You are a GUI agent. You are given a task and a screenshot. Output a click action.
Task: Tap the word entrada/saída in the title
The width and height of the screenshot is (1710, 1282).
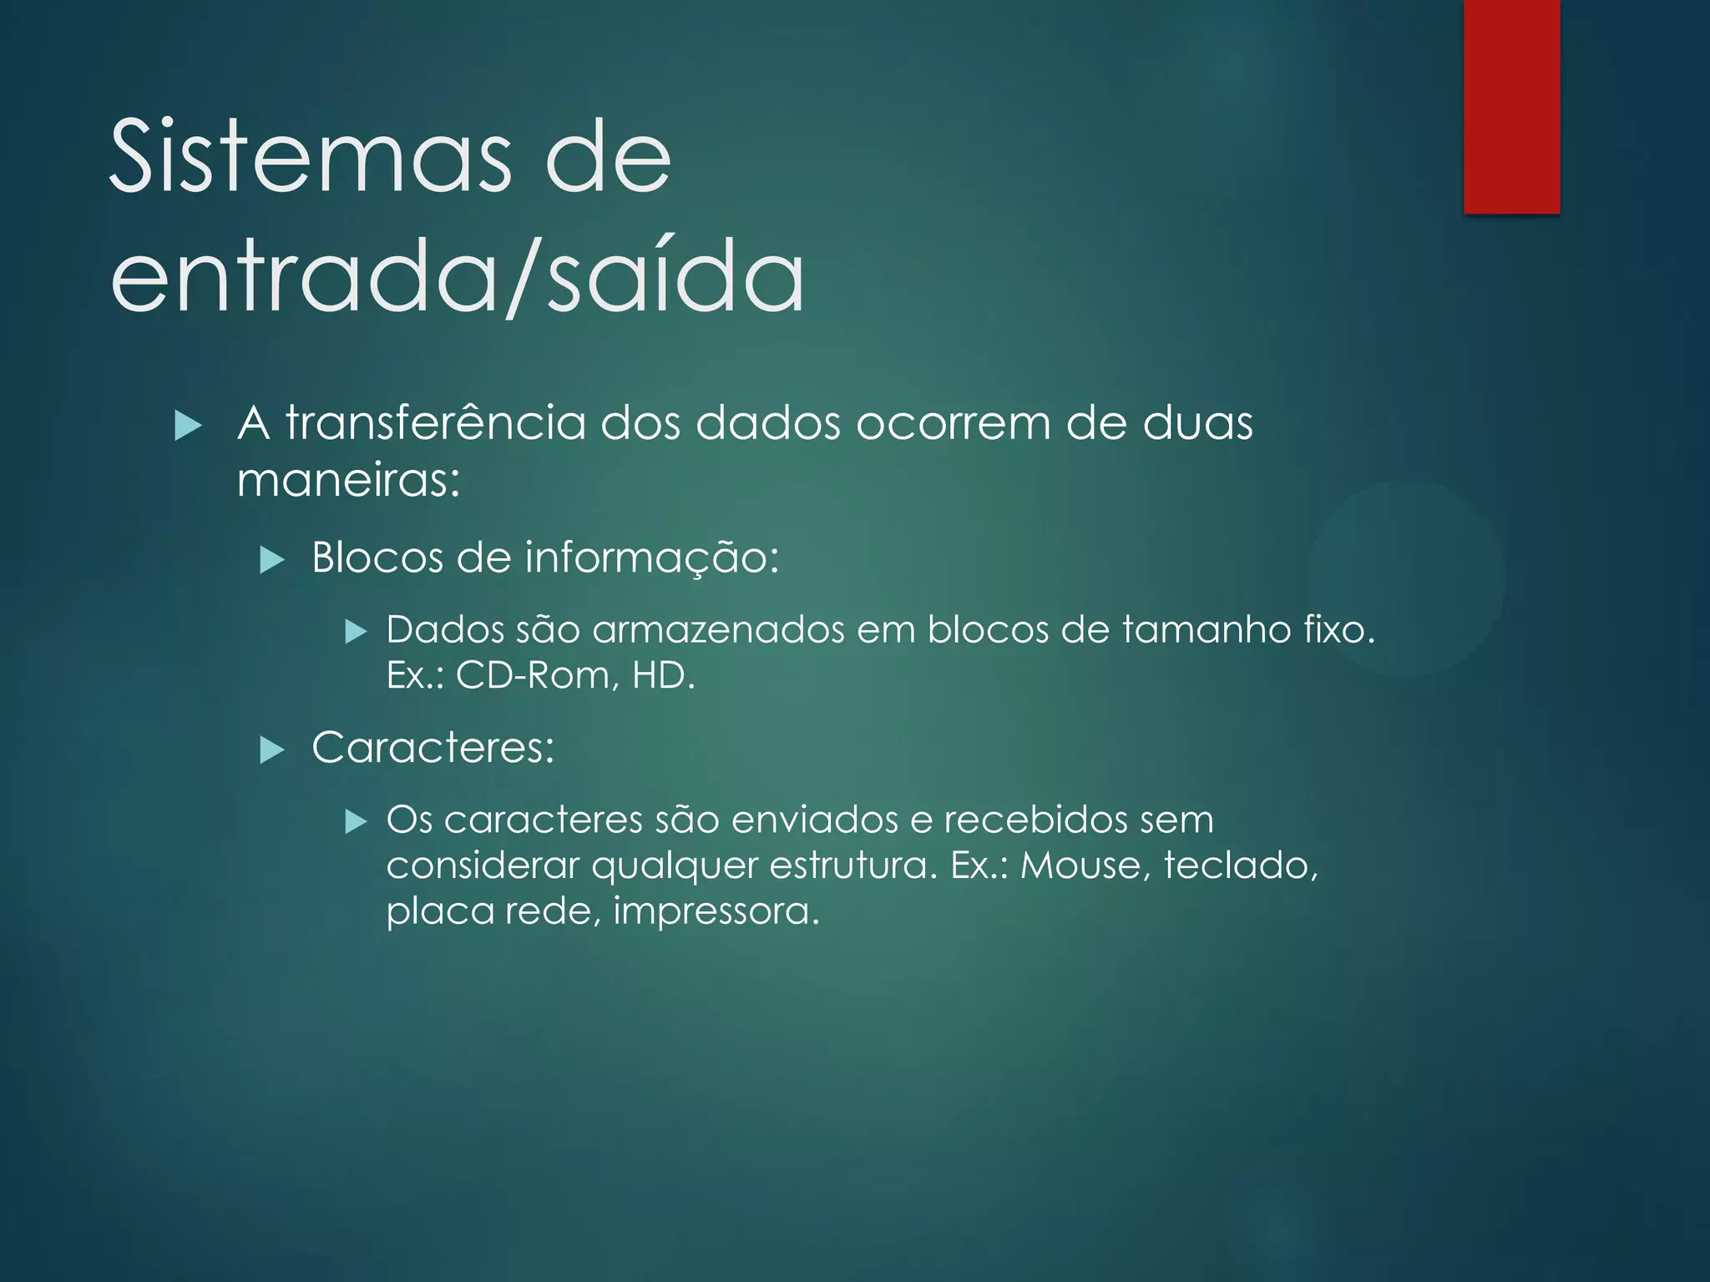coord(458,275)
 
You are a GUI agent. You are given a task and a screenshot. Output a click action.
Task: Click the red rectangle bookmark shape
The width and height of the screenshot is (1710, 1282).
coord(1511,106)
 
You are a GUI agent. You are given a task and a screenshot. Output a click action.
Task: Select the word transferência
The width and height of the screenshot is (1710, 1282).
coord(435,423)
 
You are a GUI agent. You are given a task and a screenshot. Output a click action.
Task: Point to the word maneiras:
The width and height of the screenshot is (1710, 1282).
coord(348,480)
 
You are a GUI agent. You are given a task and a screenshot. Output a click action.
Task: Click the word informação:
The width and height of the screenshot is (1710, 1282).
coord(651,558)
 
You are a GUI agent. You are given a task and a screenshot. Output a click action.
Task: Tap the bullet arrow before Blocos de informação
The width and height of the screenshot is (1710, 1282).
coord(272,559)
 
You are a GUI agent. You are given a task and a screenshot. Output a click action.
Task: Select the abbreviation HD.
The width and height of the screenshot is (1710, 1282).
coord(663,675)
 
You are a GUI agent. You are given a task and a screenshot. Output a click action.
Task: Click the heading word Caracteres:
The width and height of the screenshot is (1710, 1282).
coord(433,747)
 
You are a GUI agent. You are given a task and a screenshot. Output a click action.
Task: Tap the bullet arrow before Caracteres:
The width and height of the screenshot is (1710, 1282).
coord(272,750)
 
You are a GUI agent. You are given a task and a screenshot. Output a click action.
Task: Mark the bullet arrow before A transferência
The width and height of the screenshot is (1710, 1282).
coord(189,426)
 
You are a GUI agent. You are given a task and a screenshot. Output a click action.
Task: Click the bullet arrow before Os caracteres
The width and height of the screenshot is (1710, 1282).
coord(357,822)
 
